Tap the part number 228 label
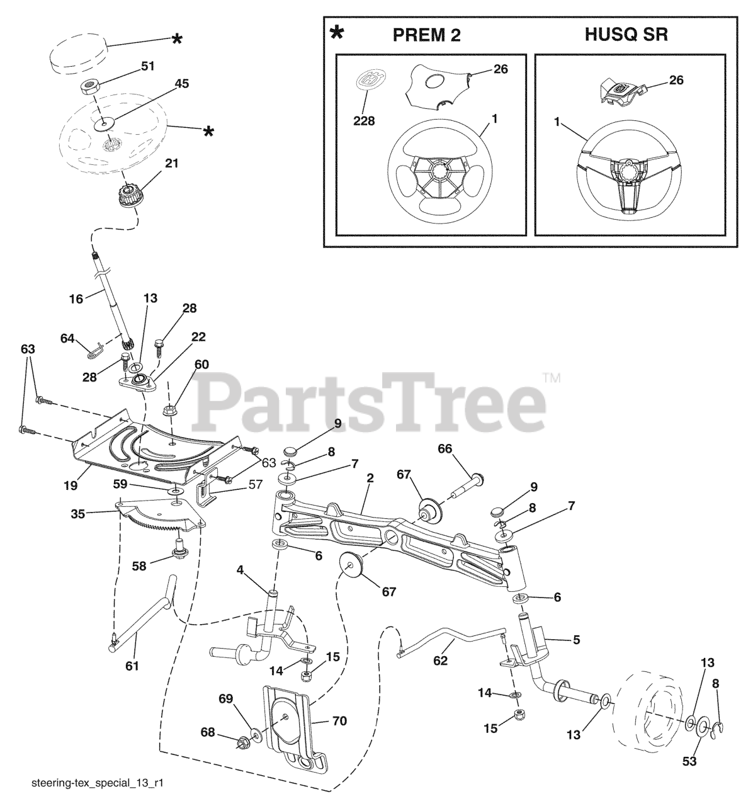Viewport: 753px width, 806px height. pyautogui.click(x=363, y=120)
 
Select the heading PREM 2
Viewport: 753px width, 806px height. pyautogui.click(x=426, y=35)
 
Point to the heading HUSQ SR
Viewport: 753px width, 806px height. pyautogui.click(x=626, y=34)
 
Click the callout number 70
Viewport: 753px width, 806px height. pyautogui.click(x=339, y=722)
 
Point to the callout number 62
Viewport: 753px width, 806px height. pyautogui.click(x=441, y=661)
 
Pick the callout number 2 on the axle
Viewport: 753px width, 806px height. pyautogui.click(x=370, y=479)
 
